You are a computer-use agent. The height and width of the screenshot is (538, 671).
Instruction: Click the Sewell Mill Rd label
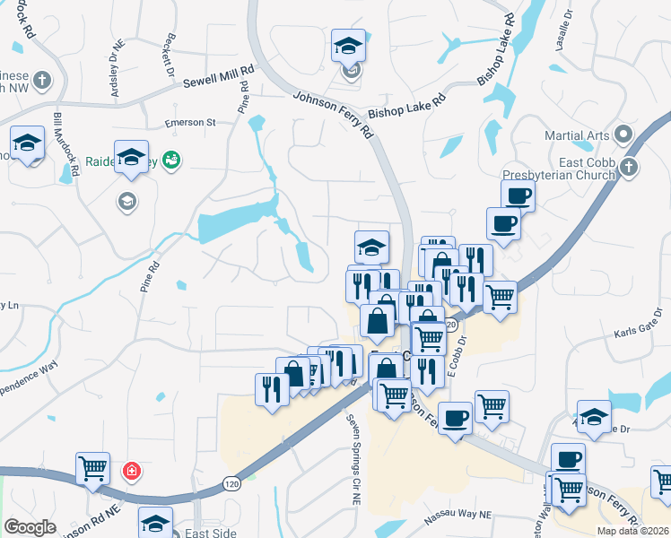(x=219, y=75)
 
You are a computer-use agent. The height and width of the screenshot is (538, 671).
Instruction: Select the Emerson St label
(x=190, y=122)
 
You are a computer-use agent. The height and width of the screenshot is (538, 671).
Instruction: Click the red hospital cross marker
(x=132, y=470)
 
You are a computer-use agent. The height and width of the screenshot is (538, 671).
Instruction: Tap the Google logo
(x=30, y=527)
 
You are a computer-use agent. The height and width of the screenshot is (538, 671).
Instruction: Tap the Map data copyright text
(x=632, y=531)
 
